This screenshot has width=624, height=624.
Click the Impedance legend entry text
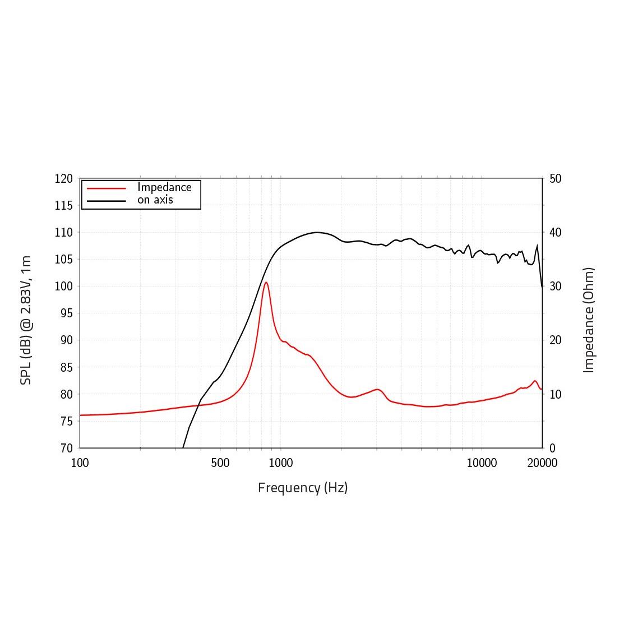coord(164,187)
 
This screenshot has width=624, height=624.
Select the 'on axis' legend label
coord(155,200)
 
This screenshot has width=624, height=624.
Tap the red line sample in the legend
coord(106,188)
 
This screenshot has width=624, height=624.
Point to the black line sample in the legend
coord(106,201)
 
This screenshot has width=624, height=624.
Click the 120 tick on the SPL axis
coord(64,179)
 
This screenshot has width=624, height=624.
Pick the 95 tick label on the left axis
coord(66,313)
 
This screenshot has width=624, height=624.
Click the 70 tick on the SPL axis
coord(66,449)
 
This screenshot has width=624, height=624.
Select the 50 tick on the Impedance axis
coord(556,179)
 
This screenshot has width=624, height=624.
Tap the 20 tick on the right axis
coord(556,340)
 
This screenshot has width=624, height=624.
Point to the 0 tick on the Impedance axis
coord(552,449)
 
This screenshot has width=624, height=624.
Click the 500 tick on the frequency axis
coord(220,463)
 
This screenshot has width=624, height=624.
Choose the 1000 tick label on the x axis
coord(280,463)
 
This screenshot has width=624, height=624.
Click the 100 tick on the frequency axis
coord(80,463)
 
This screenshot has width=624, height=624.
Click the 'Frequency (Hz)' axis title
coord(303,488)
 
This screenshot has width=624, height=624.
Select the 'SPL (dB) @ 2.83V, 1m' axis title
coord(25,321)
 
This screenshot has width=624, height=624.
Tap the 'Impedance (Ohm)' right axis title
coord(588,320)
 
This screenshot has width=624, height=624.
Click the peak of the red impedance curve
coord(266,282)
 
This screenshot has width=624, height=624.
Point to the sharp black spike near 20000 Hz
coord(537,246)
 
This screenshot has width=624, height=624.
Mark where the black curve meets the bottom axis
coord(183,447)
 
